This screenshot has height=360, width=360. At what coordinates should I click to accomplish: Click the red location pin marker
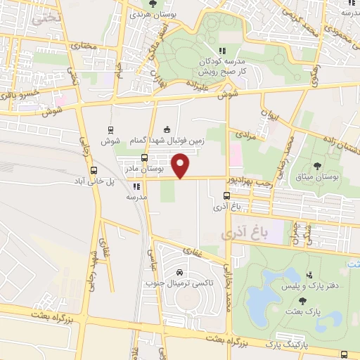[x=181, y=166]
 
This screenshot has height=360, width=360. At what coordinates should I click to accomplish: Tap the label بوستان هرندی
[x=153, y=13]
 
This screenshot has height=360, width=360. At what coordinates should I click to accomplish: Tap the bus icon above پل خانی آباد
[x=94, y=170]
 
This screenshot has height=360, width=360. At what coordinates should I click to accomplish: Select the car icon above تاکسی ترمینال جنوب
[x=179, y=272]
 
